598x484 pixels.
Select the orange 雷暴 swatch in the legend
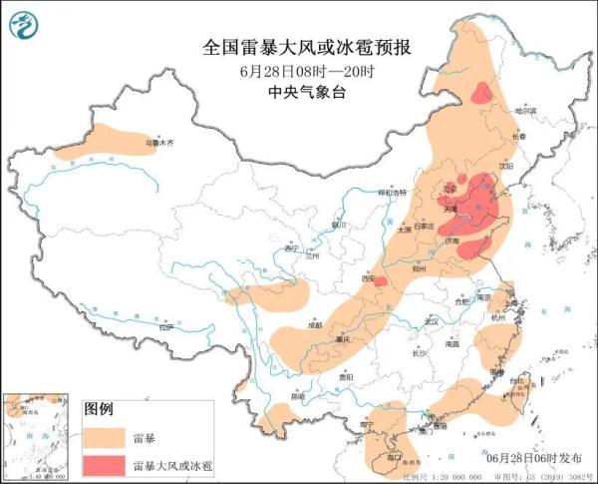point(105,436)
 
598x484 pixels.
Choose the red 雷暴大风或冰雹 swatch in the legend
point(105,465)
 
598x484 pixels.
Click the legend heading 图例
point(99,409)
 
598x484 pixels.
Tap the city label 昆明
point(296,395)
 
